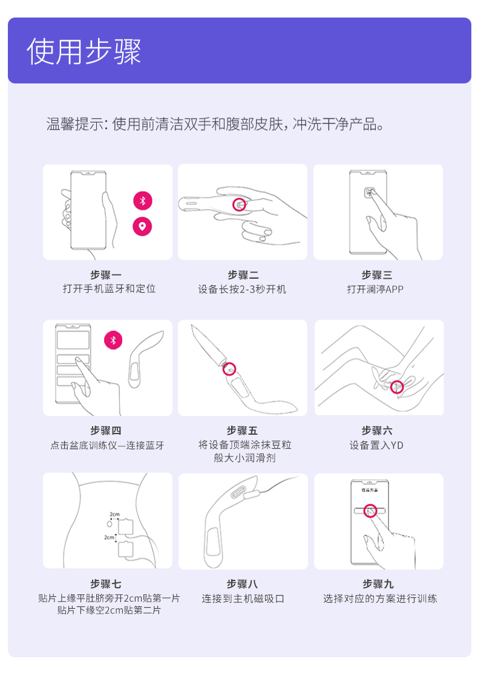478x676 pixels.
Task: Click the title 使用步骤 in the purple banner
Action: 84,51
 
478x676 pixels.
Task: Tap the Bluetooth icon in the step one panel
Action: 142,201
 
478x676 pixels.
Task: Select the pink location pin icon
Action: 142,226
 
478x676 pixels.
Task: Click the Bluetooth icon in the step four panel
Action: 113,340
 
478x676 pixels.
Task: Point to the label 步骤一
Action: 106,275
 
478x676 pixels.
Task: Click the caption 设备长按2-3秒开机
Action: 242,289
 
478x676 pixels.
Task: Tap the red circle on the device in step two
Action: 240,204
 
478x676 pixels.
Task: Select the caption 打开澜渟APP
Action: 375,289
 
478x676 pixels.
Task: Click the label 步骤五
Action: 242,431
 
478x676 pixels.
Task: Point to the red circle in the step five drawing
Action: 229,369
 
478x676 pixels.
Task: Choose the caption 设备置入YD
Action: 376,446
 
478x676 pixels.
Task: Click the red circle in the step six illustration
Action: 396,387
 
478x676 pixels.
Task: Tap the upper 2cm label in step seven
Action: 114,515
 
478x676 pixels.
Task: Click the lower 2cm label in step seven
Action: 109,537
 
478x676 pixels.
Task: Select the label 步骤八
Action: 243,583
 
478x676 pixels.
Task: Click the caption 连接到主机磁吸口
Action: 243,599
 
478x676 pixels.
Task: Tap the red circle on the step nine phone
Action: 370,511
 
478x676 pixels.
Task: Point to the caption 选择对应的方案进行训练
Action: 380,599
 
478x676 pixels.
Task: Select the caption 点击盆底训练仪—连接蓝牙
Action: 108,446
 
